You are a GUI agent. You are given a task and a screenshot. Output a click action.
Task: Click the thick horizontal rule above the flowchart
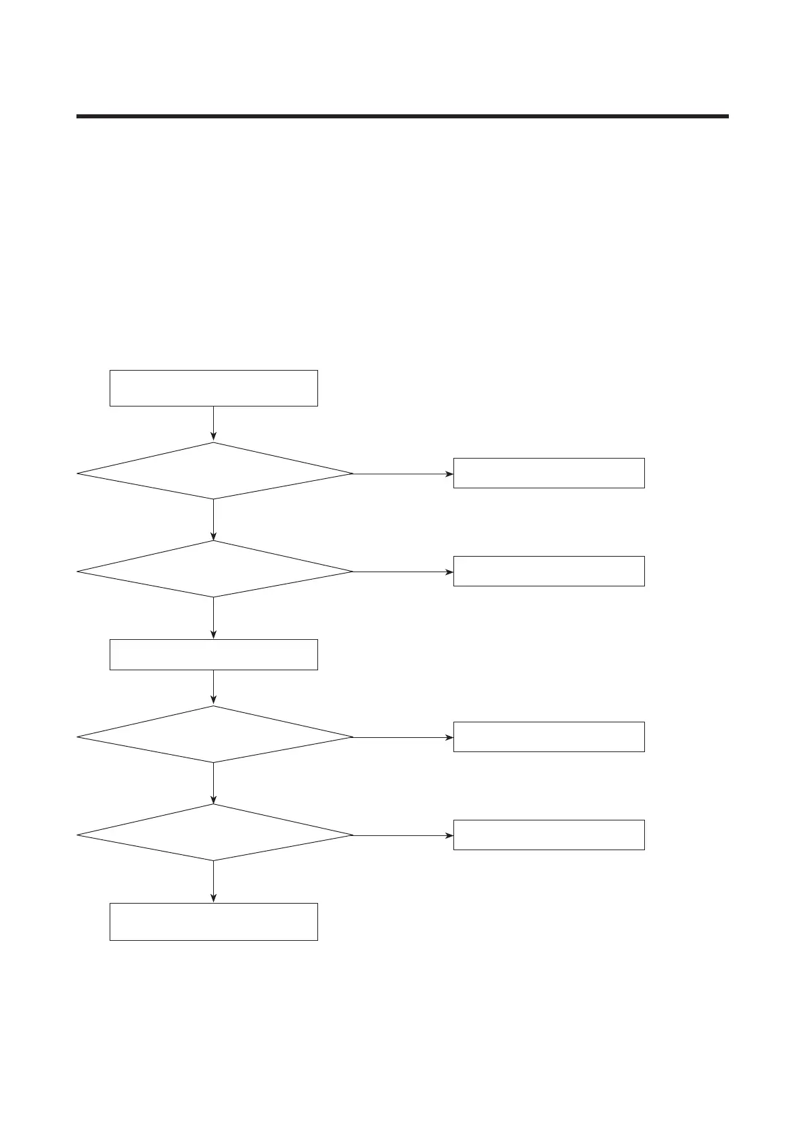(403, 116)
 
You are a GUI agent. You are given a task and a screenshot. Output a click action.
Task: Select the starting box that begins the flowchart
(213, 388)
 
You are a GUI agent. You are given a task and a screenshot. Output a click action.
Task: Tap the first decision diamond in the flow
(215, 471)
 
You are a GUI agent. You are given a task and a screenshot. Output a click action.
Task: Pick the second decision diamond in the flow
(215, 569)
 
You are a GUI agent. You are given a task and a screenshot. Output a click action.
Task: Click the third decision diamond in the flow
(215, 735)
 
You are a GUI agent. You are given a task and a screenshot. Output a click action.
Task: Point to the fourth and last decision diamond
(215, 833)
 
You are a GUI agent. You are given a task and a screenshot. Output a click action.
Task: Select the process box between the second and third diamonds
(213, 655)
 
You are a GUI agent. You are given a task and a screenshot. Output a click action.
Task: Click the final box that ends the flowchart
(213, 921)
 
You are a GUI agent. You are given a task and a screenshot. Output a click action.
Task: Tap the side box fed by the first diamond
(548, 473)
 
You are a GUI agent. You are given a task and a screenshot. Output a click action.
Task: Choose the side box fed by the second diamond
(548, 571)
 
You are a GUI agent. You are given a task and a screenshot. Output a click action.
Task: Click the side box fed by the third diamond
(548, 737)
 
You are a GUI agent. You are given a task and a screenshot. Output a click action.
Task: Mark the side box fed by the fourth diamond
(548, 835)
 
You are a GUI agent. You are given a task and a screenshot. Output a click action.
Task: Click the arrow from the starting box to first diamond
(213, 423)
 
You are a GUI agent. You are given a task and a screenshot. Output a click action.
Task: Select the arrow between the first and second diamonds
(213, 519)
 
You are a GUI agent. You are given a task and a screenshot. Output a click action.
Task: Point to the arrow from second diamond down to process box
(213, 618)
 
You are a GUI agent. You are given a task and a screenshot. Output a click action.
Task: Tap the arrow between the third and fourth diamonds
(213, 783)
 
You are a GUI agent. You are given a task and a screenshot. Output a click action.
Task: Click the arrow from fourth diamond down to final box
(213, 881)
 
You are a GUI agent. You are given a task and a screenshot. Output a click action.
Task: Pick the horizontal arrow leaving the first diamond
(403, 473)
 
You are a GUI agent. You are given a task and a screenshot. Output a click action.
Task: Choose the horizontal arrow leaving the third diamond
(403, 737)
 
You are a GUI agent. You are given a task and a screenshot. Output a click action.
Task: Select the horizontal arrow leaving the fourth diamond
(403, 835)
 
